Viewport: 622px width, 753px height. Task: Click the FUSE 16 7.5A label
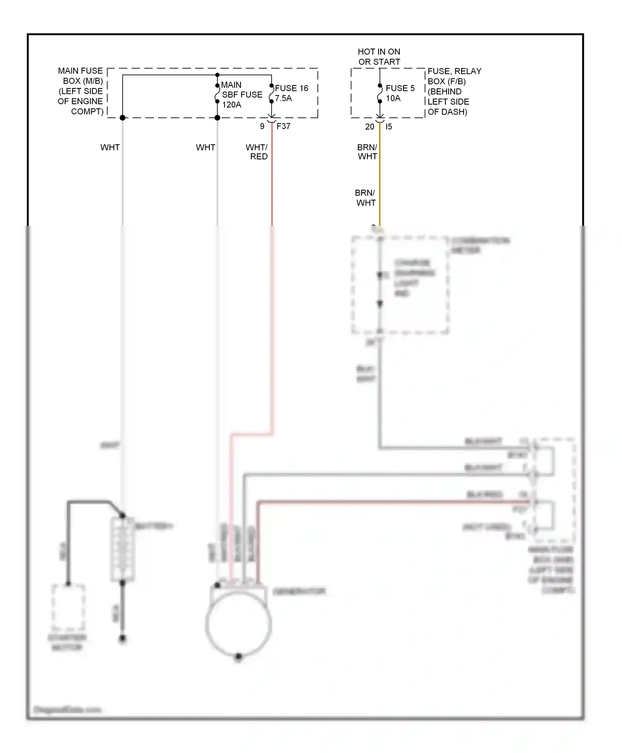coord(291,93)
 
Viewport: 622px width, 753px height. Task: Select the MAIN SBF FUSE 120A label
coord(241,95)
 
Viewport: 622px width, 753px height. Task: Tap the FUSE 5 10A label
coord(400,93)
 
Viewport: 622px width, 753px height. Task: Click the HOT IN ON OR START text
coord(379,57)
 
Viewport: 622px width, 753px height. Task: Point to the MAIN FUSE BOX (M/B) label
coord(81,91)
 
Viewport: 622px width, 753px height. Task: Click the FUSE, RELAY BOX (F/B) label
coord(454,91)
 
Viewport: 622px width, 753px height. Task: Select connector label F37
coord(283,126)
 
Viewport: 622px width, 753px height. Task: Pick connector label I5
coord(389,127)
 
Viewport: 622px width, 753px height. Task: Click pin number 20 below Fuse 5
coord(369,127)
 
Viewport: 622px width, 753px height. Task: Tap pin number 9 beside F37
coord(262,126)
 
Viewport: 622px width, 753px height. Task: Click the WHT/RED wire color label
coord(257,152)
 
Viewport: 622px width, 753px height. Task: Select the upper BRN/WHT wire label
coord(367,152)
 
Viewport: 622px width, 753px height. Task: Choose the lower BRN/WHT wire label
coord(365,198)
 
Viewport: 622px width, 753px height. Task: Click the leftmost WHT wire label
coord(110,147)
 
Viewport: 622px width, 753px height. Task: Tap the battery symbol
coord(122,549)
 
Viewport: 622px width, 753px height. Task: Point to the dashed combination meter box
coord(400,285)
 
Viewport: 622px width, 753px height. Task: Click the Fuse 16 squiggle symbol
coord(272,93)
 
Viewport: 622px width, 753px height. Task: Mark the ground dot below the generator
coord(238,657)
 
